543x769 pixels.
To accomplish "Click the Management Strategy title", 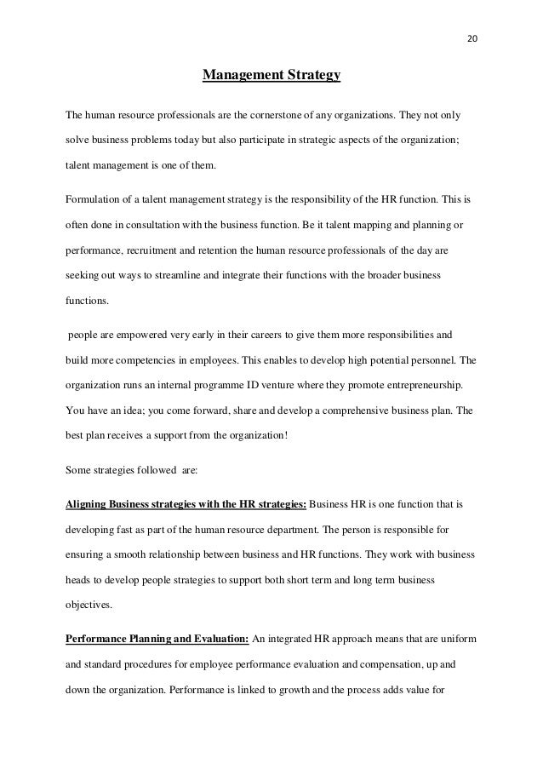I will point(271,77).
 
